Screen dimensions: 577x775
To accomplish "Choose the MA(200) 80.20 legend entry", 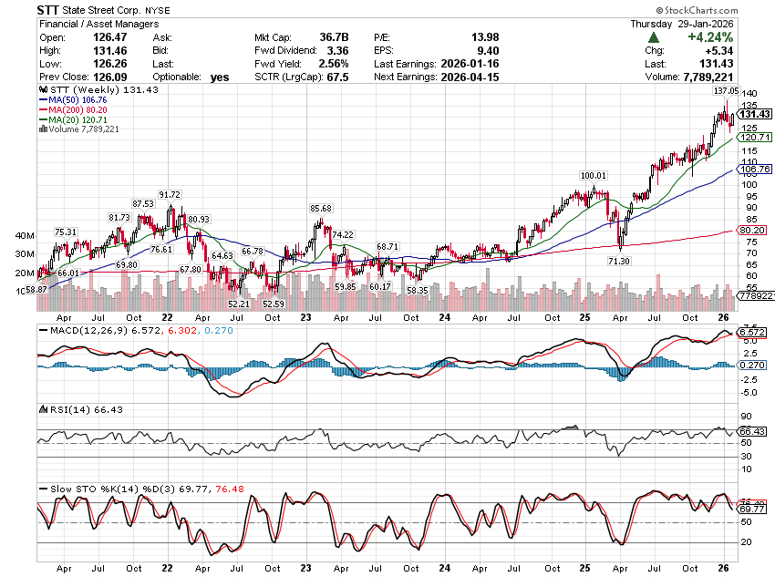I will [x=76, y=110].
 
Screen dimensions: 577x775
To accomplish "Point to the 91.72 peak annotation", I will [x=170, y=195].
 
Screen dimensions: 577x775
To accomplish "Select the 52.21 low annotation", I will [x=239, y=303].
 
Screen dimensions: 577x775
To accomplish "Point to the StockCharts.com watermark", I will [x=732, y=9].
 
